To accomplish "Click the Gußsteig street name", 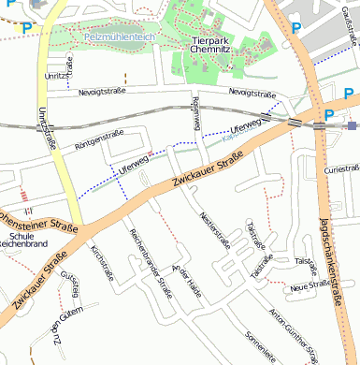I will [x=69, y=282].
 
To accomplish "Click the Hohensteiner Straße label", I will [x=36, y=222].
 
